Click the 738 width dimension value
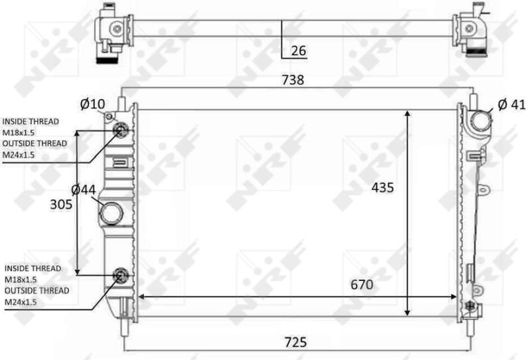(x=293, y=80)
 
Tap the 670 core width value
(x=362, y=285)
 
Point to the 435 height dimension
(x=382, y=188)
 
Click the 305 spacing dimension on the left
(x=61, y=205)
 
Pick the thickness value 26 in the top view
(x=298, y=50)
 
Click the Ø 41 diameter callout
(x=511, y=104)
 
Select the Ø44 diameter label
(x=84, y=190)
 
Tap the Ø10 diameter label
(x=93, y=104)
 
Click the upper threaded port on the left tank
(x=121, y=130)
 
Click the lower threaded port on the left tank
(x=121, y=274)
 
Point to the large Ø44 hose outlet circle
(x=112, y=214)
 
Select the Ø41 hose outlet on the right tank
(x=479, y=122)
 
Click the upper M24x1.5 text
(x=19, y=155)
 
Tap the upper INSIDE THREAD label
(x=31, y=122)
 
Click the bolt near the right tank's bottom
(x=472, y=306)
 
